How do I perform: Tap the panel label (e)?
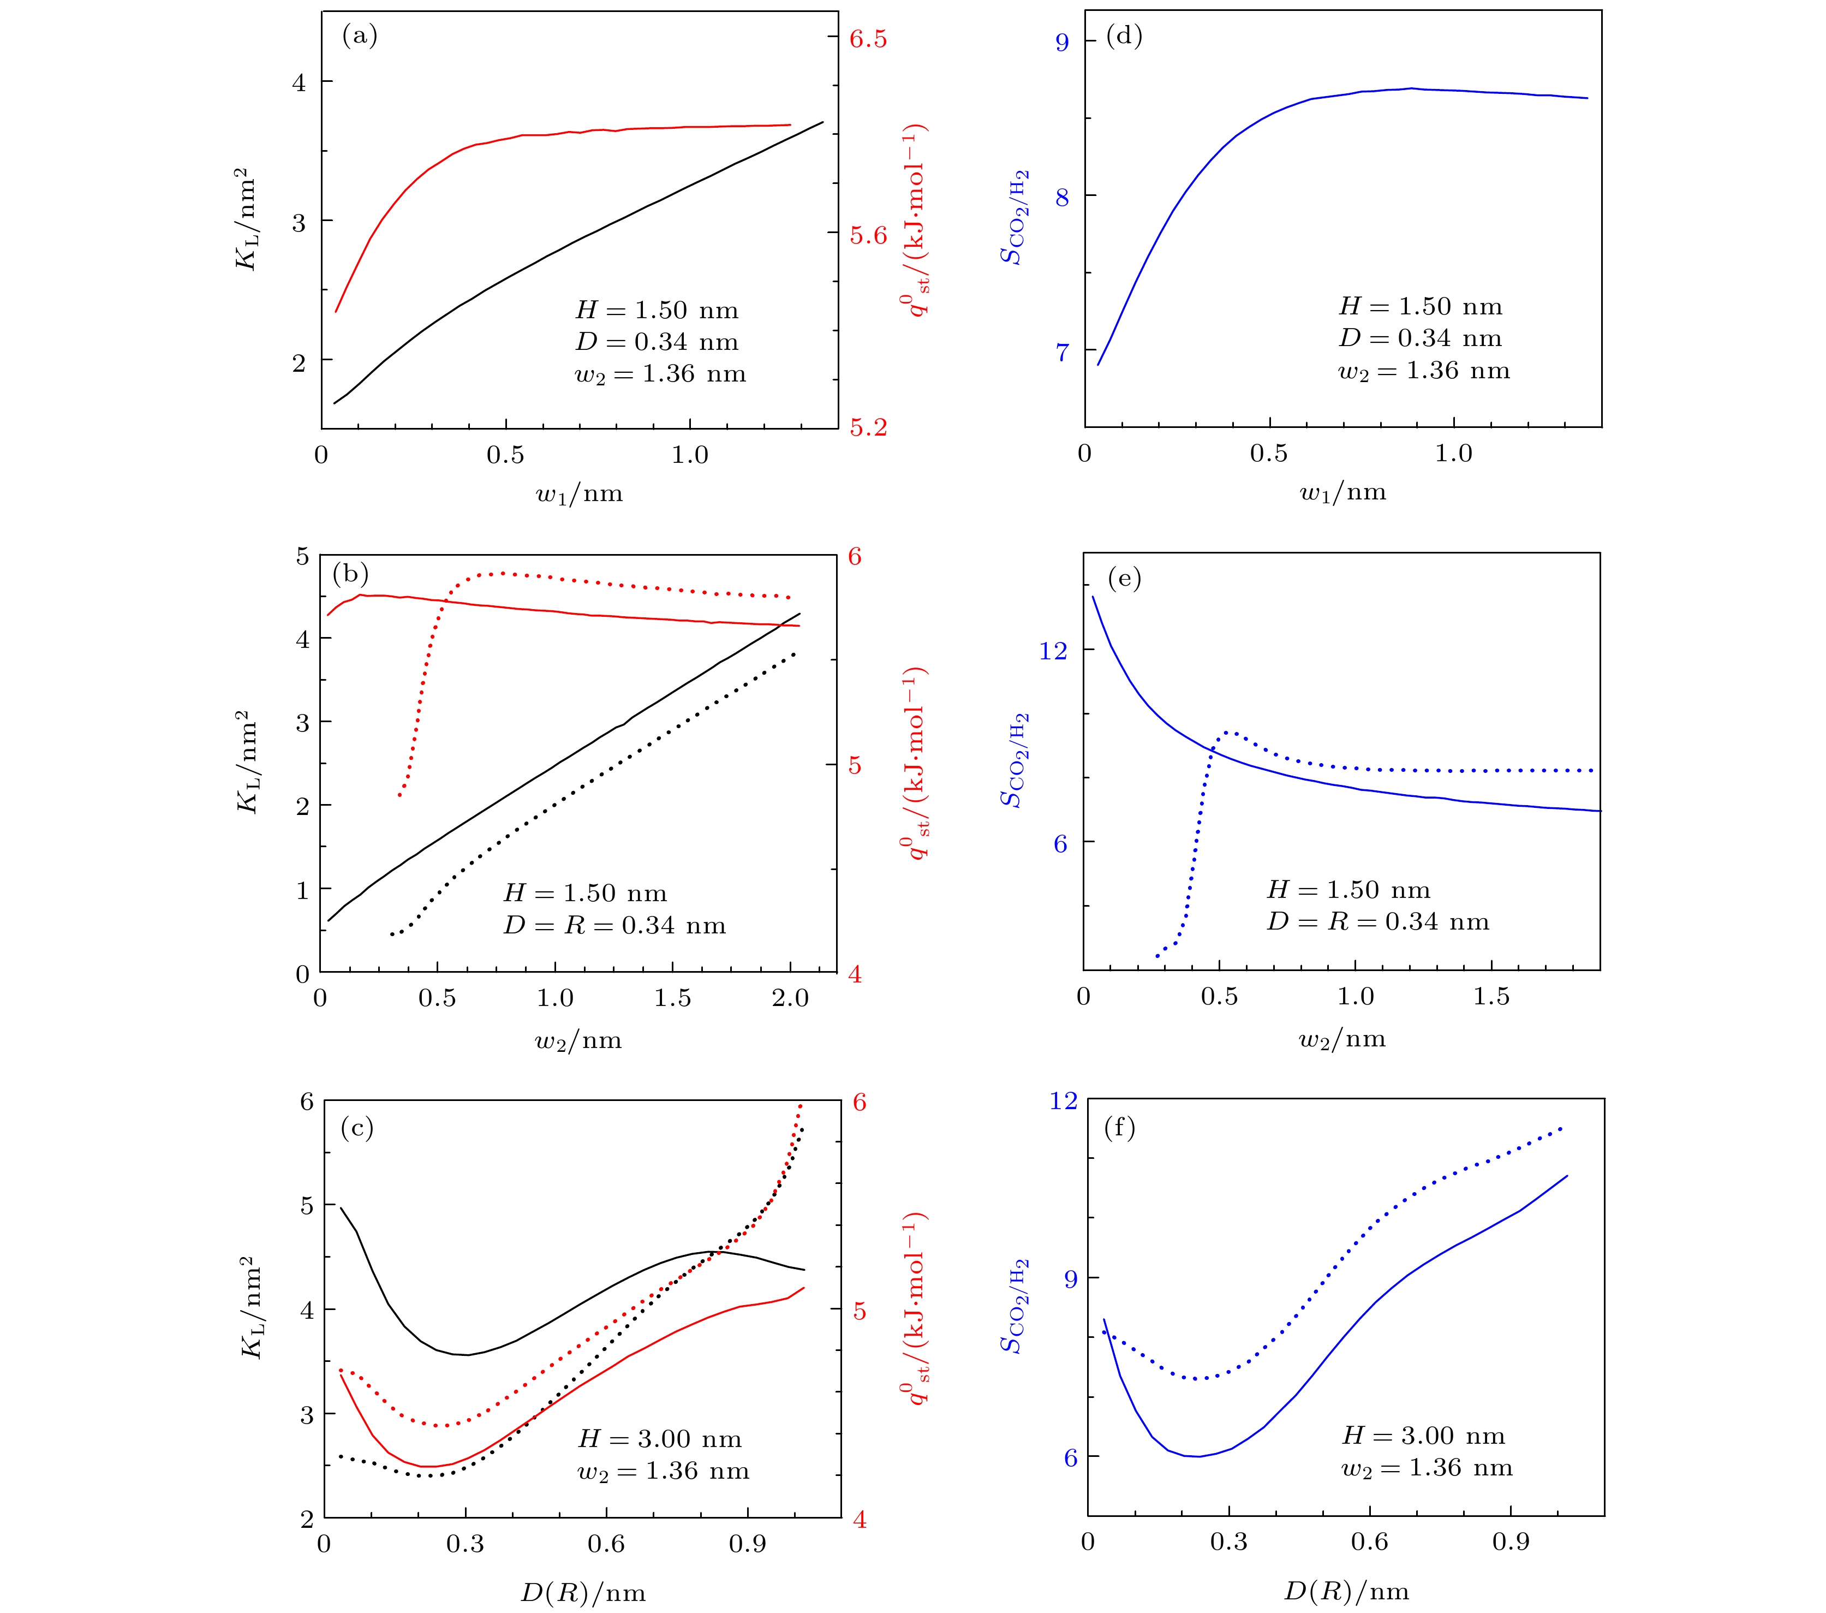1124,579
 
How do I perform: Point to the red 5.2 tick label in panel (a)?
868,428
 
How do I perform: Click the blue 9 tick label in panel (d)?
1062,42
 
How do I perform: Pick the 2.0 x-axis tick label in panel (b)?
790,998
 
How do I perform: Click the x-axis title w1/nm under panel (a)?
579,494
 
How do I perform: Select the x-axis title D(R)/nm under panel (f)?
1345,1591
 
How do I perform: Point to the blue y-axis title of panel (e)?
1014,760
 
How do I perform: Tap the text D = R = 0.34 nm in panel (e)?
1377,922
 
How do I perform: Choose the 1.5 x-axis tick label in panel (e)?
1491,996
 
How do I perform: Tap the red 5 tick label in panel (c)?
860,1311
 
